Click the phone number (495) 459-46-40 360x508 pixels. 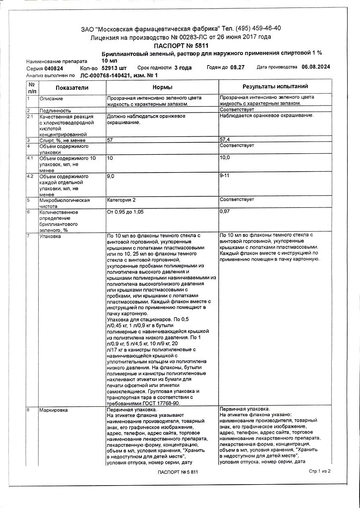(x=257, y=28)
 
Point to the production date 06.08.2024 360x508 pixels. (x=316, y=67)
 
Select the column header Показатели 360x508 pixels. (x=72, y=87)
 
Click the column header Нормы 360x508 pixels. (x=162, y=87)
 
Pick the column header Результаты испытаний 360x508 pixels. (x=275, y=87)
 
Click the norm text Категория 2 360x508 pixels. (x=121, y=199)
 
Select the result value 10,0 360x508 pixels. (x=225, y=158)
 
